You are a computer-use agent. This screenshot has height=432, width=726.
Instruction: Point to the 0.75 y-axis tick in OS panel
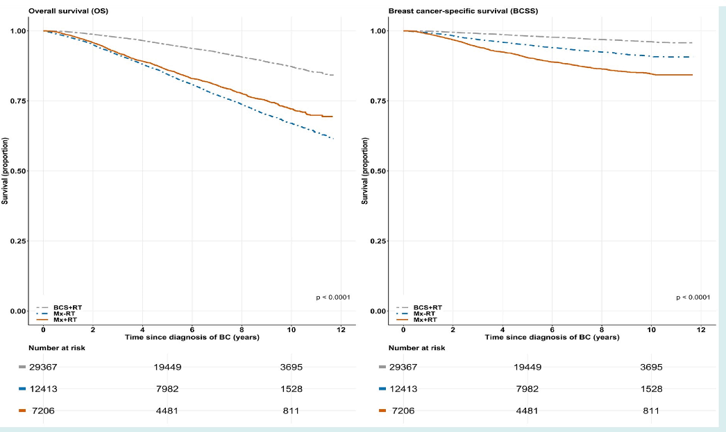pos(19,101)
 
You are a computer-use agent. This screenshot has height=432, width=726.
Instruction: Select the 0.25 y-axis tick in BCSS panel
pos(380,241)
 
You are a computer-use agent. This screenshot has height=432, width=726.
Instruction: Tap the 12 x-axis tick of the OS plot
pos(340,330)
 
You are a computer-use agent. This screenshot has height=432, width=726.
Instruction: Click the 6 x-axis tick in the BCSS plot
pos(552,330)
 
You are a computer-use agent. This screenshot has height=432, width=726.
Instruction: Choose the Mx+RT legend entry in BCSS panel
pos(425,320)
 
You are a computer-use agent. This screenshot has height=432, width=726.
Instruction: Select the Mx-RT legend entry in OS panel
pos(65,313)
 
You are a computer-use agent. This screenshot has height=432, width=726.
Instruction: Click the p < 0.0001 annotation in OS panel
pos(333,297)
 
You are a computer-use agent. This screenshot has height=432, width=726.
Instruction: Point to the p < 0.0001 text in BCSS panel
pos(693,297)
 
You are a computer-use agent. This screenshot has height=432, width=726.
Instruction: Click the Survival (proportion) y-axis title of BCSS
pos(365,171)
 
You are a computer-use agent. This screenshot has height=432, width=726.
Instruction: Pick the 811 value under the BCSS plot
pos(650,411)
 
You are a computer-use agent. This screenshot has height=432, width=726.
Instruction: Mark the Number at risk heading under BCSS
pos(417,347)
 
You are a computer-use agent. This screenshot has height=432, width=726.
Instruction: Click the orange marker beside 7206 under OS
pos(22,411)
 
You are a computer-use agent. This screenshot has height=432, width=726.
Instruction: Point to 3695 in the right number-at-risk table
pos(650,367)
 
